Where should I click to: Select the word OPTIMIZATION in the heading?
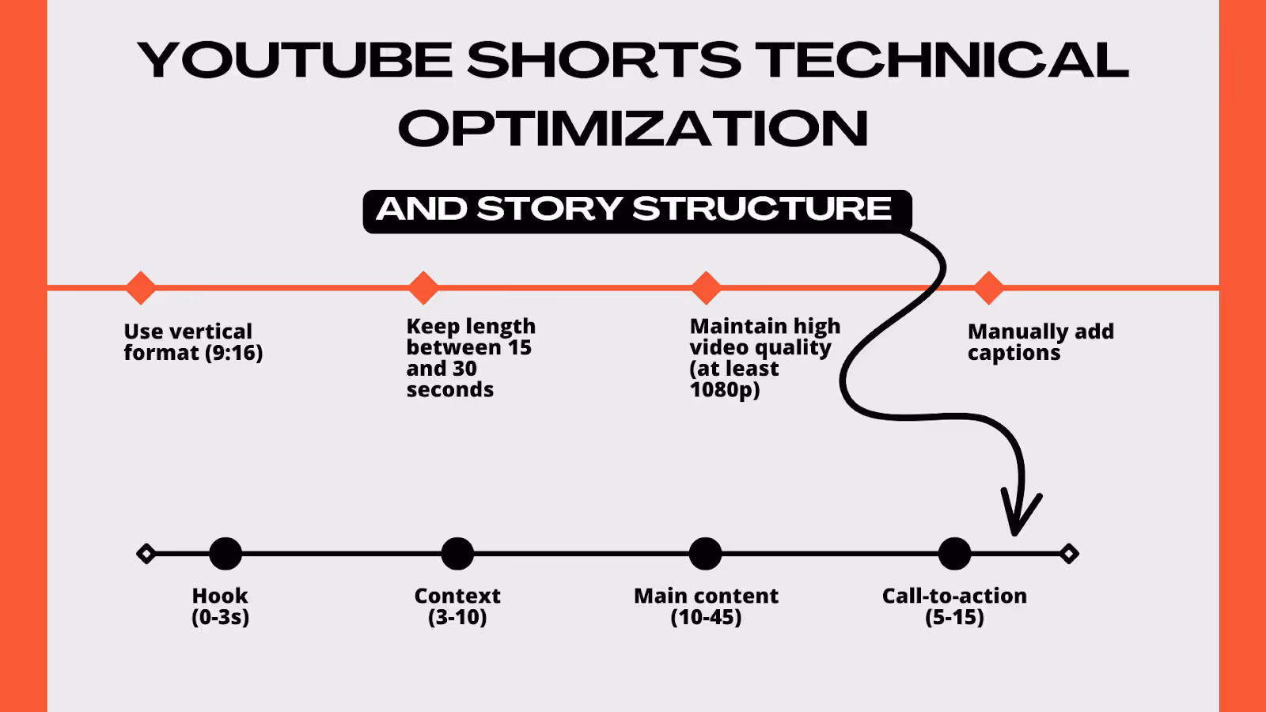[x=633, y=128]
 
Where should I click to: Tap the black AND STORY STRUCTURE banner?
[x=637, y=211]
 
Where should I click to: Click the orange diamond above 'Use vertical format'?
[x=141, y=288]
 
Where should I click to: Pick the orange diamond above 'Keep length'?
[x=423, y=288]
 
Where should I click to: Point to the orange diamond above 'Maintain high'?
[x=706, y=288]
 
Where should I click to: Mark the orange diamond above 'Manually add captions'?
[x=988, y=288]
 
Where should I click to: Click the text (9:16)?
[x=233, y=353]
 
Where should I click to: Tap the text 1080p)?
[x=725, y=390]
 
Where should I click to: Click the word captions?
[x=1014, y=353]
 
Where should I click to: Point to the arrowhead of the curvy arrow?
[x=1016, y=531]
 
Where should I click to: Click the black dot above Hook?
[x=226, y=554]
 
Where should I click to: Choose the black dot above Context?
[x=457, y=554]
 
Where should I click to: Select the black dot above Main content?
[x=705, y=554]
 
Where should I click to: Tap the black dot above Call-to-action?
[x=954, y=554]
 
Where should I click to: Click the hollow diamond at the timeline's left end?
[x=146, y=554]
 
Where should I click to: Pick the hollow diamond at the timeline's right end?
[x=1069, y=554]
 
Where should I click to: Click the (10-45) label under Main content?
[x=706, y=617]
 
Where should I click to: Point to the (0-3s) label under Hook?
[x=221, y=617]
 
